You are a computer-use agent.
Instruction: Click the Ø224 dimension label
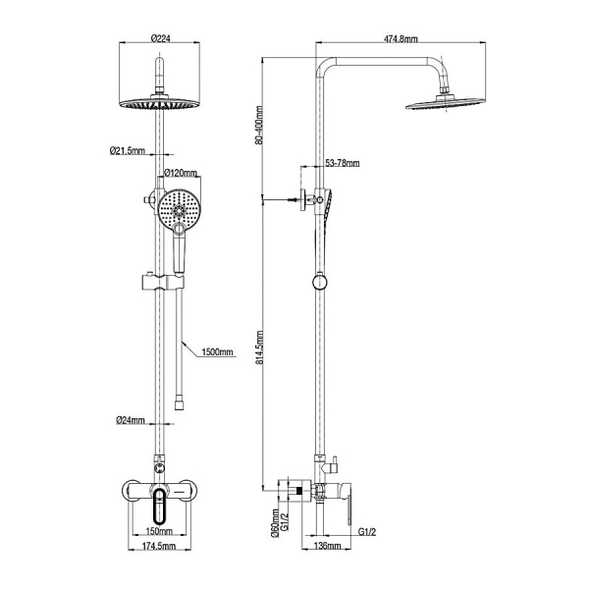pos(160,38)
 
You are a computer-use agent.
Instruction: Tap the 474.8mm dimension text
pos(401,38)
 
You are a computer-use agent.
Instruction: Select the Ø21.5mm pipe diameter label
pos(128,150)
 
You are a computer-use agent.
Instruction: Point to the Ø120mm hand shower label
pos(181,173)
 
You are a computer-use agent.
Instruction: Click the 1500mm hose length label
pos(217,352)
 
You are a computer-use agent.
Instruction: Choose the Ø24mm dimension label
pos(130,420)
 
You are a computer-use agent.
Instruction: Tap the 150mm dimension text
pos(160,531)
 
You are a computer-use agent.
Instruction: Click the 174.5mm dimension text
pos(159,546)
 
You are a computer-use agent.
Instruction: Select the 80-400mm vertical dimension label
pos(258,126)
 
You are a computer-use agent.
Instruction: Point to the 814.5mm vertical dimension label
pos(259,348)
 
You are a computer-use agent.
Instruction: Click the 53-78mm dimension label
pos(343,163)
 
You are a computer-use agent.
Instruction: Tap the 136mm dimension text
pos(327,546)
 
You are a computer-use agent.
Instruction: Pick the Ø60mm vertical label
pos(275,523)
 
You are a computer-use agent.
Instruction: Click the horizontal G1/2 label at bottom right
pos(366,531)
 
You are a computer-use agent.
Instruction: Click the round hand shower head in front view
pos(179,209)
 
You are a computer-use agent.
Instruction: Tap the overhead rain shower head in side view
pos(444,104)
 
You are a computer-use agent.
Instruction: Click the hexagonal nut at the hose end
pos(180,404)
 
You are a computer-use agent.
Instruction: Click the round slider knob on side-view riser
pos(320,283)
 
